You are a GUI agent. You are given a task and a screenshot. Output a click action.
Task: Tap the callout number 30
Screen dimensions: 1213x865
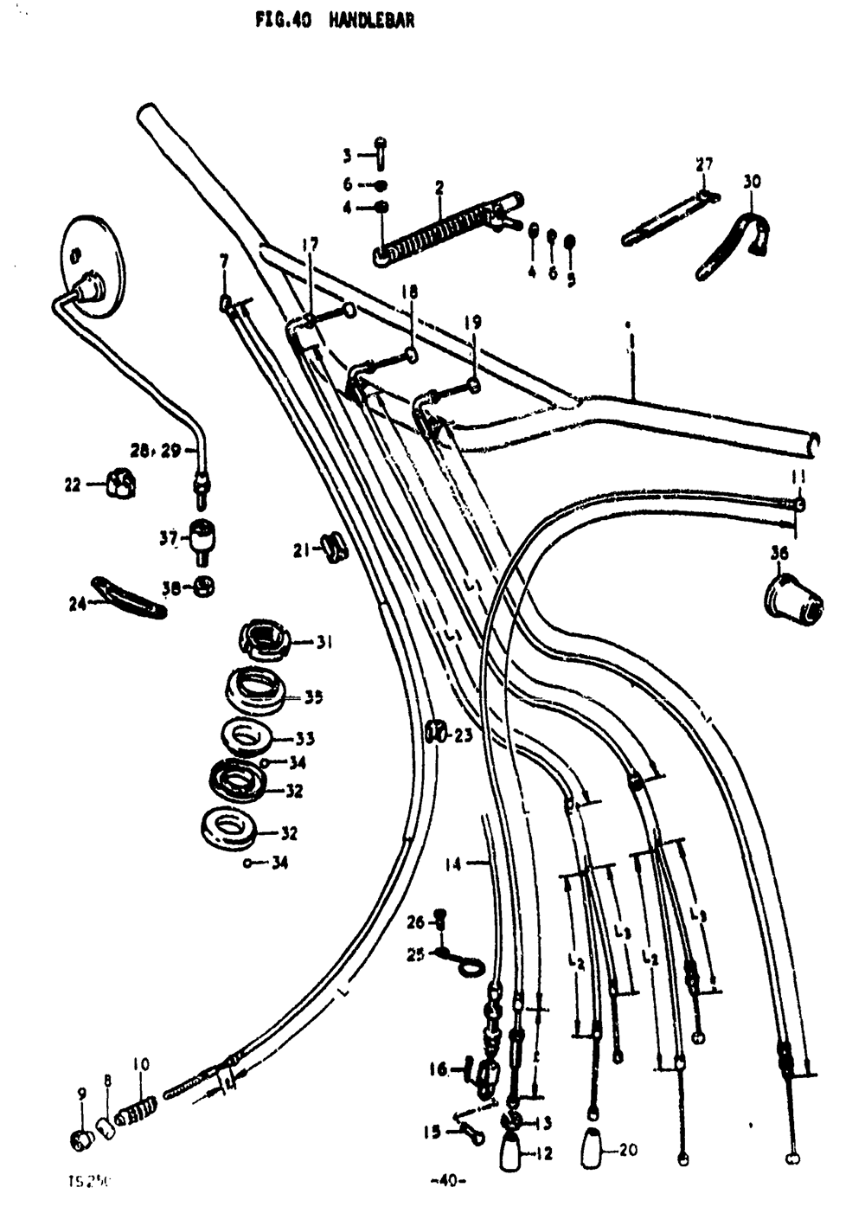tap(751, 183)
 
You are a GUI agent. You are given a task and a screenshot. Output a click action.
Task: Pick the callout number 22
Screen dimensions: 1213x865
tap(72, 485)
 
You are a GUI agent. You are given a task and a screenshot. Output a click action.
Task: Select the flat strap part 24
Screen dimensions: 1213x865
tap(130, 596)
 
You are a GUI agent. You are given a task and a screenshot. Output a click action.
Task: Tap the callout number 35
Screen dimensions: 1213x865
tap(313, 697)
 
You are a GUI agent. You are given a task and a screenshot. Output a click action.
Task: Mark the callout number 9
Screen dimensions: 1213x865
tap(82, 1094)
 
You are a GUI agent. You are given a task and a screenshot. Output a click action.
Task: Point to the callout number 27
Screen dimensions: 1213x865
tap(704, 164)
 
